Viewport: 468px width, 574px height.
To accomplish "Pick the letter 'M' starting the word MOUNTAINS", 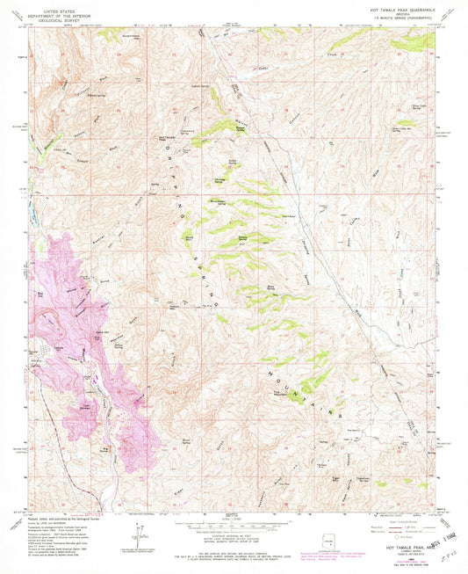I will (x=268, y=369).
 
